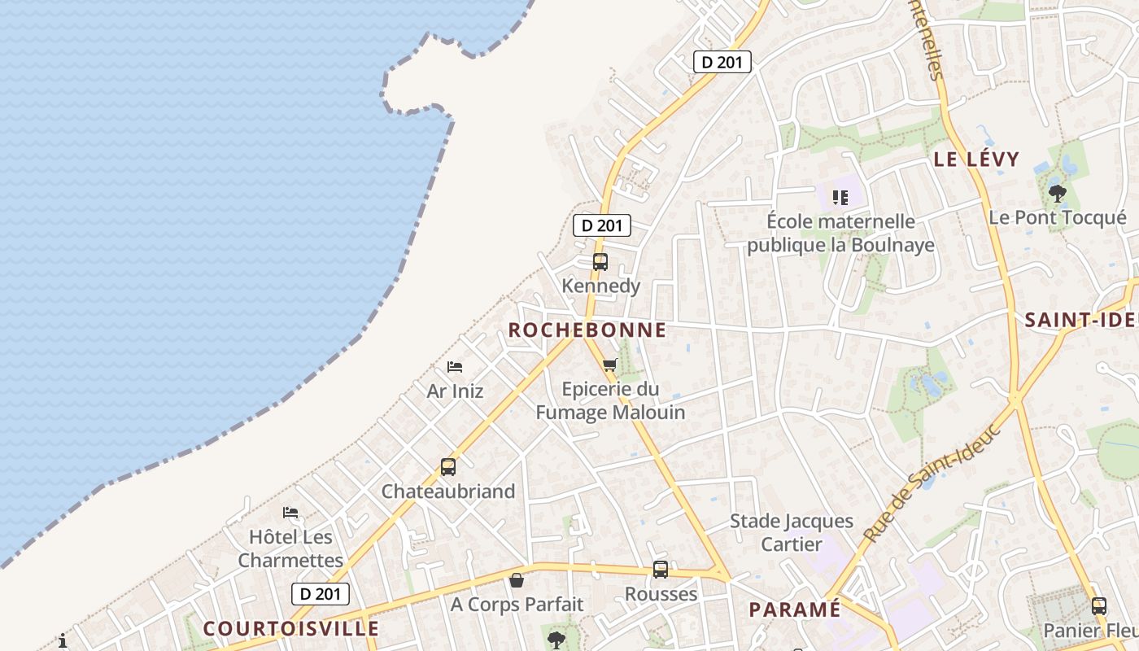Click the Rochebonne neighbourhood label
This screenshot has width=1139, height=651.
[587, 330]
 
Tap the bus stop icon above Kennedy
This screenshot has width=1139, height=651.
[600, 262]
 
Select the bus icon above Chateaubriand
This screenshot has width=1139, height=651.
[448, 467]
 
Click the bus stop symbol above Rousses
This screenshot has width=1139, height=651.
[661, 570]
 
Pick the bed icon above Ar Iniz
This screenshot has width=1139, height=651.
[455, 367]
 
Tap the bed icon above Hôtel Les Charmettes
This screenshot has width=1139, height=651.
[290, 513]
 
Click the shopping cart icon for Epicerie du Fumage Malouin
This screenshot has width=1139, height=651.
[610, 365]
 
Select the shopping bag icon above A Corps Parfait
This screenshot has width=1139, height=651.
[517, 580]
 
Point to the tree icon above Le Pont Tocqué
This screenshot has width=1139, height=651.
[1058, 194]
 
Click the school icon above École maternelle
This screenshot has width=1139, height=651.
[840, 197]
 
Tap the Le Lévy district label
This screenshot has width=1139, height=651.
[976, 159]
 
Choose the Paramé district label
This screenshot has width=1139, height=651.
[794, 609]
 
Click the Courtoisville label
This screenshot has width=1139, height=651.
[291, 629]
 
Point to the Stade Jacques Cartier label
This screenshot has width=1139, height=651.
[791, 532]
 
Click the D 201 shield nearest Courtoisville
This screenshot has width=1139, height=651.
[321, 594]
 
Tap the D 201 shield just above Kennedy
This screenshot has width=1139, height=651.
[602, 225]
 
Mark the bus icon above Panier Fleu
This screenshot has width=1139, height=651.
[1099, 605]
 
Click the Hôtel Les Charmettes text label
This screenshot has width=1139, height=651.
[290, 548]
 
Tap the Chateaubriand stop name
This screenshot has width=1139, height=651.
[448, 492]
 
